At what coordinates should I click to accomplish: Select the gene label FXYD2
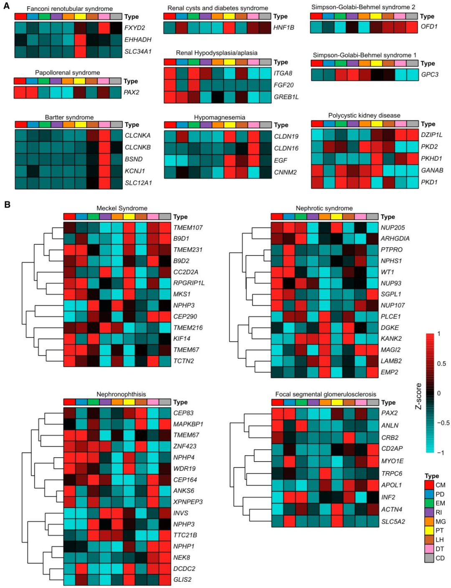pos(134,28)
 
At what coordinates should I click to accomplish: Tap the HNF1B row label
pos(284,28)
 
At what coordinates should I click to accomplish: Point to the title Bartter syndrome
pos(69,117)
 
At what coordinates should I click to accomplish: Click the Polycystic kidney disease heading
pos(364,116)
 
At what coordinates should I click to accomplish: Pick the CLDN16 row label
pos(286,148)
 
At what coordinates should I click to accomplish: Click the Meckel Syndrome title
pos(122,208)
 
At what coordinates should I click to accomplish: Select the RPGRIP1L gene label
pos(189,283)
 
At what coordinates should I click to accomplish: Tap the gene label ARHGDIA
pos(395,238)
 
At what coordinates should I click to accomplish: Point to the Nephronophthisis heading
pos(121,394)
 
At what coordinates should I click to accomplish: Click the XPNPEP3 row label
pos(188,502)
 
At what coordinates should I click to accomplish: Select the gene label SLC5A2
pos(393,522)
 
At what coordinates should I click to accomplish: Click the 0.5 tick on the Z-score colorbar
pos(441,364)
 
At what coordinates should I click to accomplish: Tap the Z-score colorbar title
pos(418,396)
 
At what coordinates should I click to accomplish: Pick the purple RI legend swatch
pos(429,512)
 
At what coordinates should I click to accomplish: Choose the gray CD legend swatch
pos(429,558)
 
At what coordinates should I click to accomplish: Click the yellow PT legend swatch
pos(429,531)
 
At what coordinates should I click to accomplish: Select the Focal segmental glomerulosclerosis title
pos(326,394)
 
